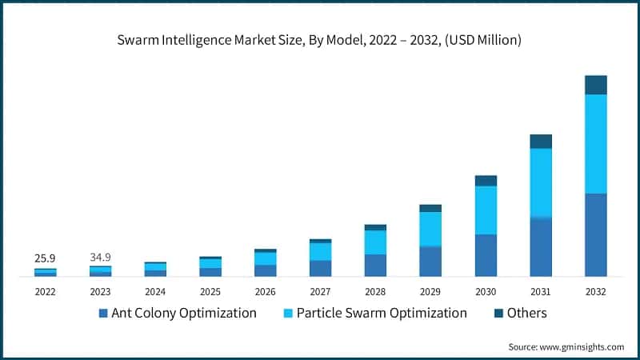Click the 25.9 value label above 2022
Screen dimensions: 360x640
click(45, 258)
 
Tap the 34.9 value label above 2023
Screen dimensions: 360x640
click(100, 258)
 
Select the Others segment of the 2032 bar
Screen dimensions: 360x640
click(596, 85)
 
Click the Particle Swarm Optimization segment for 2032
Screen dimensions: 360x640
click(596, 144)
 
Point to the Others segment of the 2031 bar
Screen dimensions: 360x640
click(541, 142)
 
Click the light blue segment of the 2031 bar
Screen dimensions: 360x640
click(541, 182)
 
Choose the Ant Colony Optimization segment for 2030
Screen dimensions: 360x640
click(486, 255)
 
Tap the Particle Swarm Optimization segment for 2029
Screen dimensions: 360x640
click(430, 229)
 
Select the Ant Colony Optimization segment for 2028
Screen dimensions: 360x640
click(375, 265)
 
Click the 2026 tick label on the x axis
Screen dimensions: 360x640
click(265, 292)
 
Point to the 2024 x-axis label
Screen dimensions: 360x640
click(155, 292)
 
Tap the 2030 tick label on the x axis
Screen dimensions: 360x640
click(486, 292)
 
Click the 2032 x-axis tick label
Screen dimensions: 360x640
click(596, 292)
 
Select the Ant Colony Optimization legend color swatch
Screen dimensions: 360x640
click(102, 314)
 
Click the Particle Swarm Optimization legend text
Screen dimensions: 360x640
click(381, 313)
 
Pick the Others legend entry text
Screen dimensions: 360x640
click(526, 313)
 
